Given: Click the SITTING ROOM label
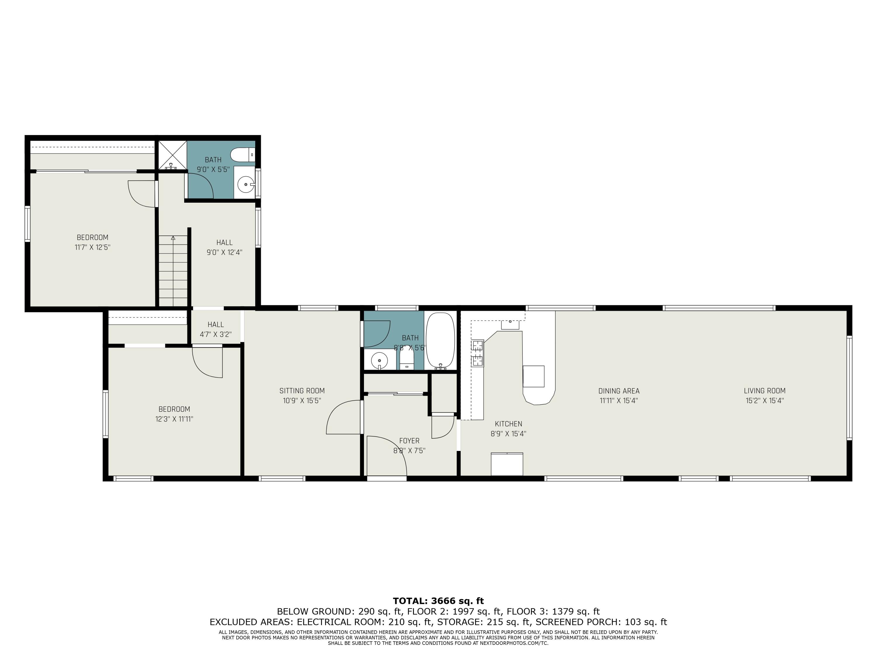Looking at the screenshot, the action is point(302,391).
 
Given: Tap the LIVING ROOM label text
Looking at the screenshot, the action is point(764,391).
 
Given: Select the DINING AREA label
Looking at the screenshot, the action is point(619,391).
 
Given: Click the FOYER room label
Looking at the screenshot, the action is point(409,441).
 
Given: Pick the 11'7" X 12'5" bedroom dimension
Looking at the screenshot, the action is point(92,247).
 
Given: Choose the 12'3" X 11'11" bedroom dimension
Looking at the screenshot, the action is point(174,419).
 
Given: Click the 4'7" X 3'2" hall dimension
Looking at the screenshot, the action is point(216,334).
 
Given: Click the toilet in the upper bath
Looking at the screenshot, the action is point(243,155).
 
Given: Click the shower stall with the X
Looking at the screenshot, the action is point(172,155).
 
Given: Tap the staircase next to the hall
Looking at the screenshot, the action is point(173,271).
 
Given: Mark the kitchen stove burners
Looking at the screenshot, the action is point(477,353).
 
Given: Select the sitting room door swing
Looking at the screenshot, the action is point(343,417).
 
